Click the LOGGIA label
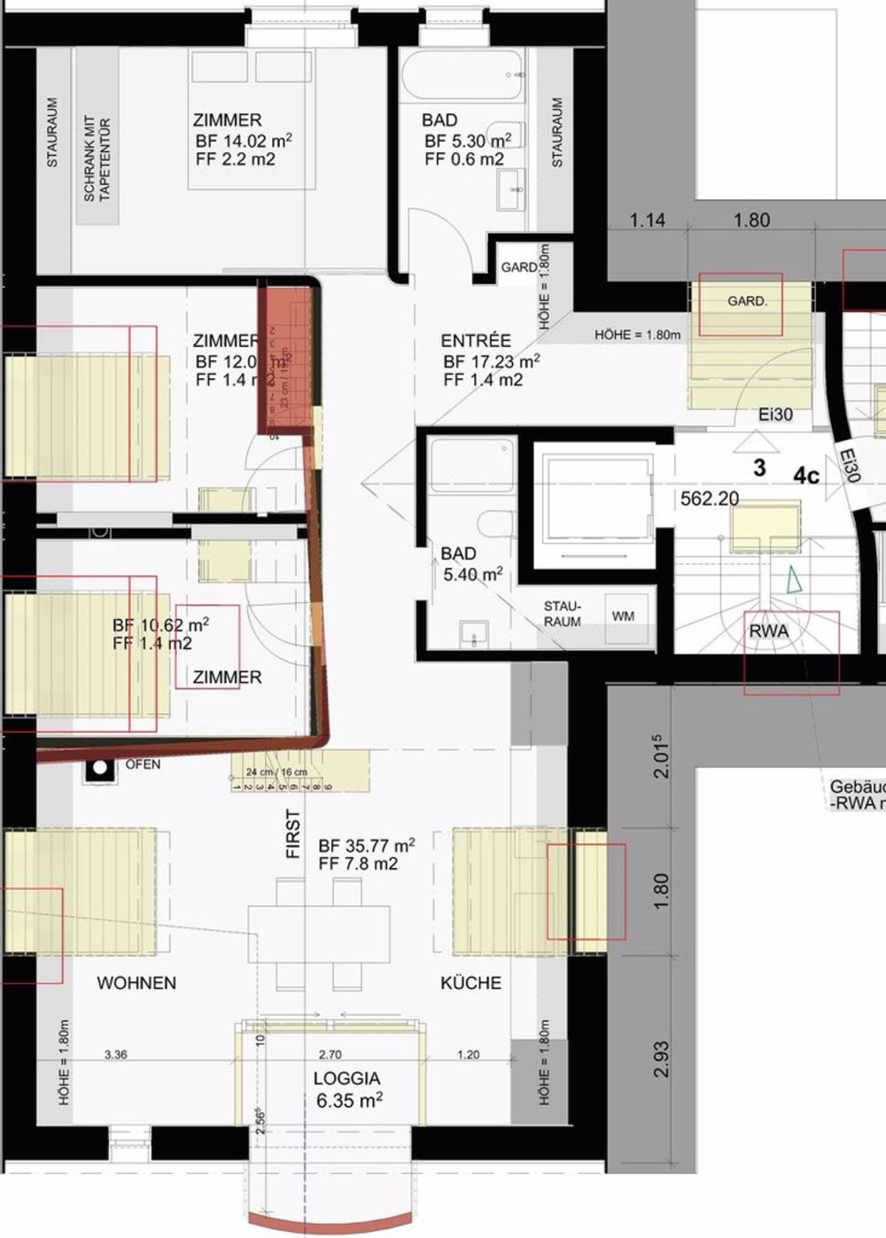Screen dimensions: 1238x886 [346, 1079]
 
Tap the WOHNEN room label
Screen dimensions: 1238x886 [136, 983]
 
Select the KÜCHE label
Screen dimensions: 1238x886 [470, 983]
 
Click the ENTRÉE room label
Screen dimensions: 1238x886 [476, 341]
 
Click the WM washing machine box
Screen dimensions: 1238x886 [623, 615]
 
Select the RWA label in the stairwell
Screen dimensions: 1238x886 [769, 631]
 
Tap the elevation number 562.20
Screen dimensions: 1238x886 [709, 499]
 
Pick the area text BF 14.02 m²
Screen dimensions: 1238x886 [244, 141]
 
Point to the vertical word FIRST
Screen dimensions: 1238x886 [293, 834]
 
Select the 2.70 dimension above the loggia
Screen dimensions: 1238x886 [330, 1055]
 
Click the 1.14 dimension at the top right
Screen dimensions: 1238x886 [648, 221]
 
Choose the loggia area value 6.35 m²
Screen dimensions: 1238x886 [349, 1101]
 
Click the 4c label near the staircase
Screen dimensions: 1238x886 [806, 476]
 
